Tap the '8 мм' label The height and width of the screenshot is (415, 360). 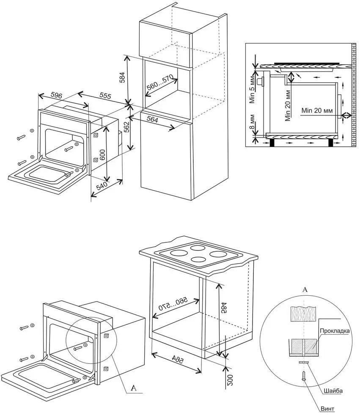click(x=253, y=122)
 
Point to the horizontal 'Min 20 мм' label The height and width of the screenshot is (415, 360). click(x=317, y=110)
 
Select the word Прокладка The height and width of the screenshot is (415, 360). click(x=335, y=331)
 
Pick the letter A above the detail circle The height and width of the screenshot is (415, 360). click(x=304, y=290)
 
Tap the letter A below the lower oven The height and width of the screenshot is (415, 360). click(x=134, y=388)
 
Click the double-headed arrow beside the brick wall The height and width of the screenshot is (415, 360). click(x=347, y=115)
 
